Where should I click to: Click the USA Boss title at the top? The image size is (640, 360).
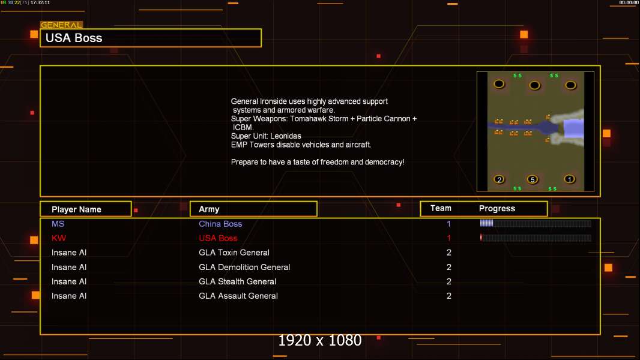coord(74,38)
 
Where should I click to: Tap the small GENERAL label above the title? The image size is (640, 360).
coord(61,25)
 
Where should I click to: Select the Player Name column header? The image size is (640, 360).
coord(76,209)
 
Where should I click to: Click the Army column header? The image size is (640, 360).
coord(209,209)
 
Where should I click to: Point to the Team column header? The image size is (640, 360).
coord(441,208)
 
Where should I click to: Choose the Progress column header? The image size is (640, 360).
coord(497,209)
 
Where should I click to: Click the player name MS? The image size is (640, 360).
coord(58,224)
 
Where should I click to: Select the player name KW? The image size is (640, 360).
coord(58,238)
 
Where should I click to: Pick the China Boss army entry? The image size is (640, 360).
coord(220,224)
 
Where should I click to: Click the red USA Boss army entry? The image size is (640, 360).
coord(218,238)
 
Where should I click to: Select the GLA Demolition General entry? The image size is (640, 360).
coord(244,267)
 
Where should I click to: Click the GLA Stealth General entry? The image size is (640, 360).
coord(237,281)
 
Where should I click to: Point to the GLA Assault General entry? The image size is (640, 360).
coord(238,296)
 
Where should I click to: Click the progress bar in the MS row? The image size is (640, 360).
coord(535,224)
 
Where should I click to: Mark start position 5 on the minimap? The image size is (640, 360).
coord(531,179)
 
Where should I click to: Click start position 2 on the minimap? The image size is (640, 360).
coord(499,179)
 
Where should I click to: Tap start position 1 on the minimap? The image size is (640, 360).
coord(569,179)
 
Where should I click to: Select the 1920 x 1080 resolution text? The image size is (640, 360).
coord(319,341)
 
